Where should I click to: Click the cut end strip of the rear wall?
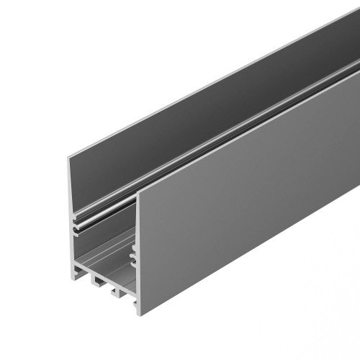[x=71, y=187]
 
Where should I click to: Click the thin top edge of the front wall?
[x=252, y=129]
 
